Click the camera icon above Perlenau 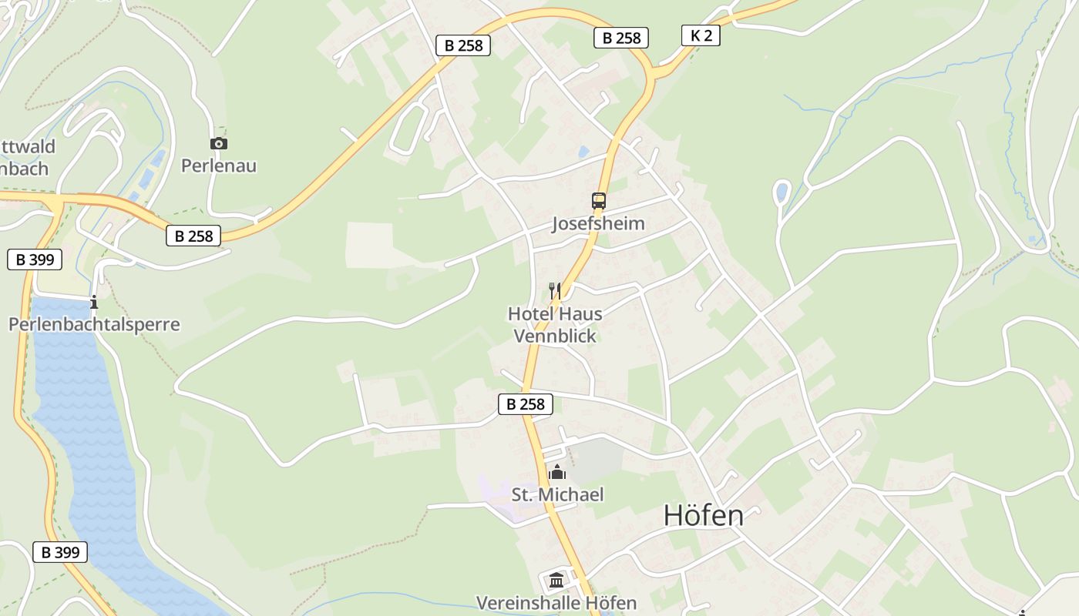[219, 143]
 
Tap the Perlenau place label [219, 166]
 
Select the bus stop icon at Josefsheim [599, 201]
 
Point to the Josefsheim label [598, 223]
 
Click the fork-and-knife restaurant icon [554, 290]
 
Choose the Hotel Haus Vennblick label [555, 325]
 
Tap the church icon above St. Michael [557, 472]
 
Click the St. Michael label [558, 494]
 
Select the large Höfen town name [704, 516]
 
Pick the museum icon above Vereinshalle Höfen [556, 581]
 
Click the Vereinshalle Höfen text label [556, 603]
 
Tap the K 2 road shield [701, 35]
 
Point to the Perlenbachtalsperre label [94, 324]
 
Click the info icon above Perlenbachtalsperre [94, 301]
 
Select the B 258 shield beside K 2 [621, 38]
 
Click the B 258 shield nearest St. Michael [526, 404]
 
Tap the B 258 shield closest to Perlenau [193, 236]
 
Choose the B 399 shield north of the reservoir [35, 259]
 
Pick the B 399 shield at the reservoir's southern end [60, 552]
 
